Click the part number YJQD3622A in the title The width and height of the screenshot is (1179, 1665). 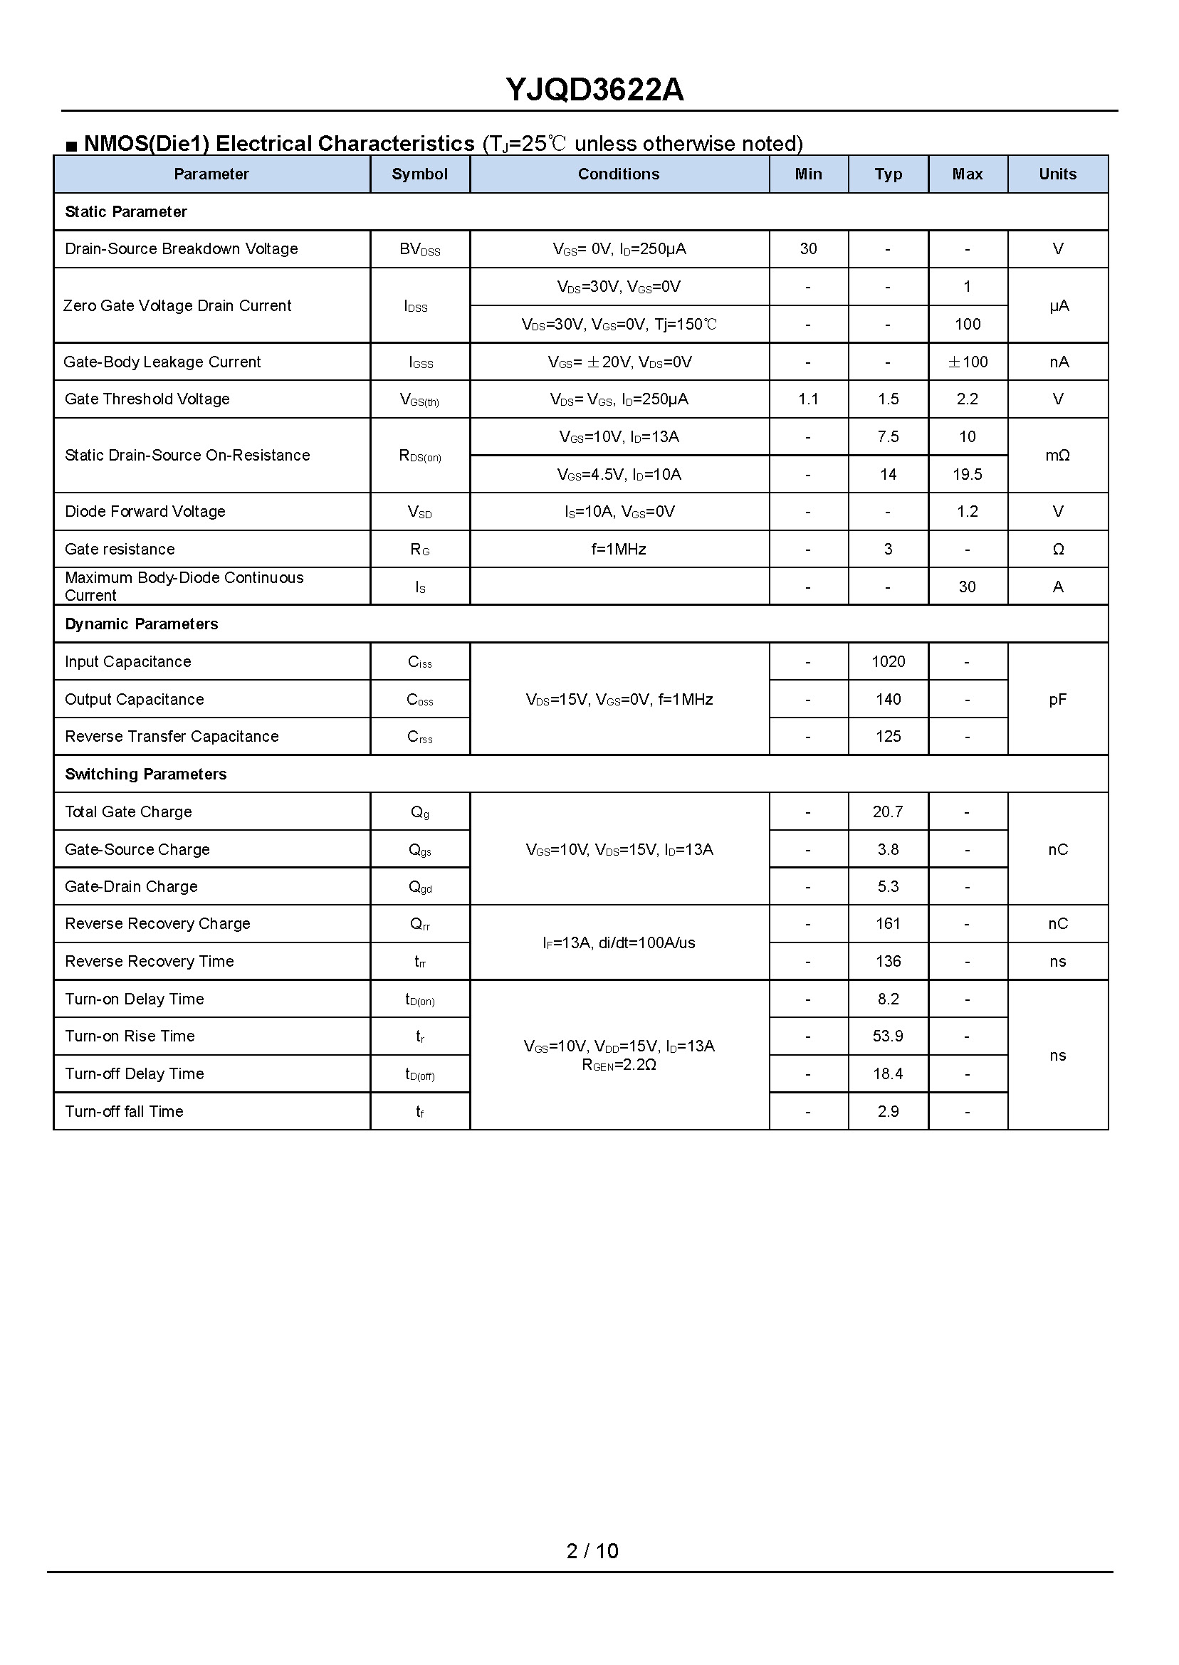[594, 90]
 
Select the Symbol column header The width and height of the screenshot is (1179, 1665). [419, 174]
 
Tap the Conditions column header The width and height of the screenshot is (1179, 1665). [619, 174]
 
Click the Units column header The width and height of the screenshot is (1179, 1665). [1057, 174]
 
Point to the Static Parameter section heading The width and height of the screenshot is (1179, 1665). [125, 212]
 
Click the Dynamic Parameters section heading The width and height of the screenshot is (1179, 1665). [141, 624]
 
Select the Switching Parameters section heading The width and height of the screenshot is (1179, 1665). [145, 774]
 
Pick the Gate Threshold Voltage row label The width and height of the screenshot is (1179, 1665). [147, 399]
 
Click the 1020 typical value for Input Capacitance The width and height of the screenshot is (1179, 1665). [888, 662]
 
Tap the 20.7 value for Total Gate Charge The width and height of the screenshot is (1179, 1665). [888, 812]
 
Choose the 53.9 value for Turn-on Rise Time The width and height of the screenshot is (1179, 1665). [888, 1036]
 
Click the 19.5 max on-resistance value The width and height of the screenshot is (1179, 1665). [967, 475]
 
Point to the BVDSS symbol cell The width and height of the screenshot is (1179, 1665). [419, 250]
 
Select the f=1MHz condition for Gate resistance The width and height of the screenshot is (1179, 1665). [619, 550]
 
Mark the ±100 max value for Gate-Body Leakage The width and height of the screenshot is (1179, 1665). [967, 362]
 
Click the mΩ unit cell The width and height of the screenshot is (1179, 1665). [1057, 456]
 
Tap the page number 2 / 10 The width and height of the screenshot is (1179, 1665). [592, 1551]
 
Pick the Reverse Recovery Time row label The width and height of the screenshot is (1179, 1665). [149, 962]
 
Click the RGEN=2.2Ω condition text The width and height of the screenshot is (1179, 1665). [619, 1066]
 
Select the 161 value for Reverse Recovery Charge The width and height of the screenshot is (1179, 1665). [888, 924]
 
